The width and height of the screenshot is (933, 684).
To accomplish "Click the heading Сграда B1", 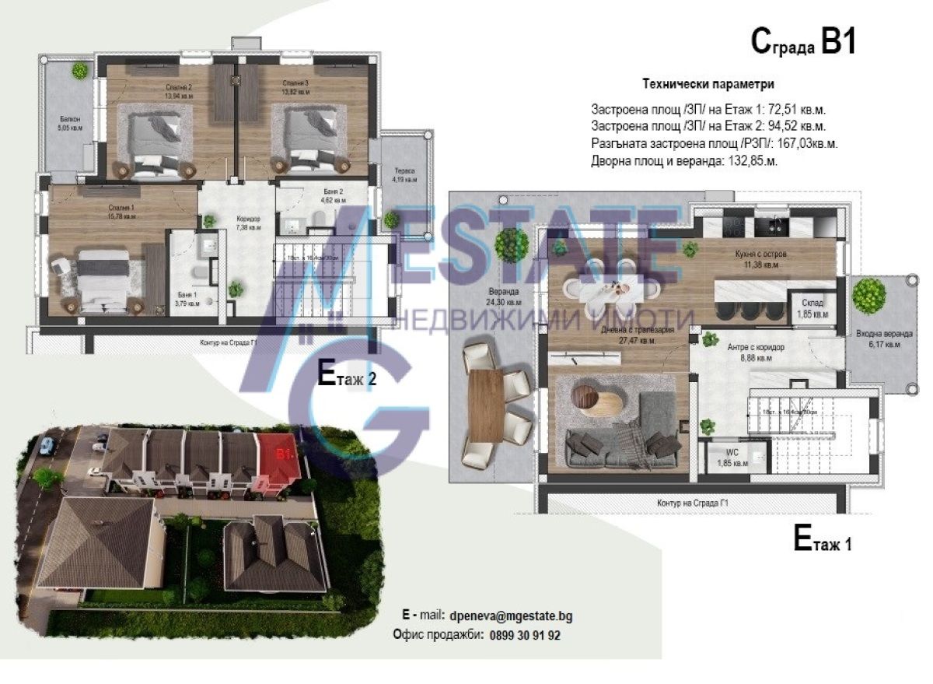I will coord(803,42).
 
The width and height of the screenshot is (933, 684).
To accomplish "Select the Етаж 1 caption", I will coord(822,541).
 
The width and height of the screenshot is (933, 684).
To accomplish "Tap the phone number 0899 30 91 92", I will coord(525,635).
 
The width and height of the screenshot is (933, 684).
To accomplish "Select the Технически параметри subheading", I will coord(708,84).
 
